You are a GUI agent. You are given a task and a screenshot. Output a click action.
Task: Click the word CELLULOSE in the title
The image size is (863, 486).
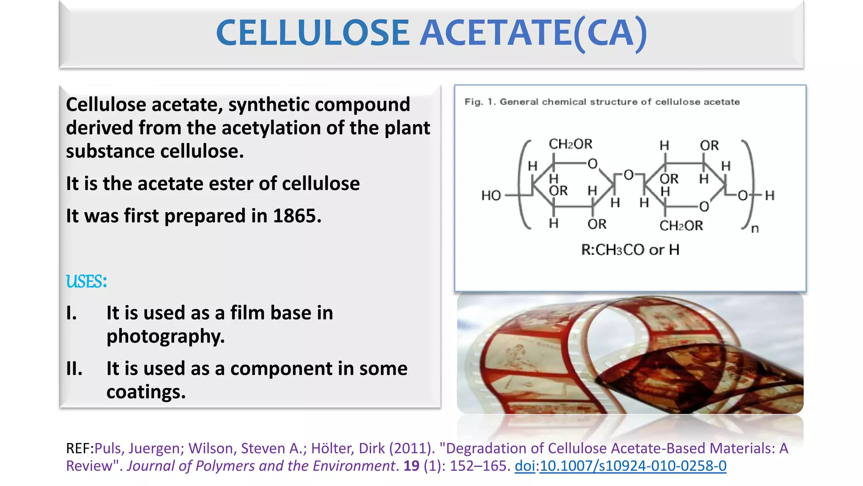pyautogui.click(x=313, y=33)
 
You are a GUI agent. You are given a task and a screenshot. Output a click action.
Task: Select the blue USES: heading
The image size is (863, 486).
pyautogui.click(x=86, y=281)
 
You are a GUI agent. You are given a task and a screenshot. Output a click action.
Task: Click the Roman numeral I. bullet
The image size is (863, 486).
pyautogui.click(x=72, y=313)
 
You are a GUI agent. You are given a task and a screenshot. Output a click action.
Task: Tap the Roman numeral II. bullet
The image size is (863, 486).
pyautogui.click(x=74, y=369)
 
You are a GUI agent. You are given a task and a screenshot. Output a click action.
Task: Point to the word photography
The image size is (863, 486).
pyautogui.click(x=165, y=336)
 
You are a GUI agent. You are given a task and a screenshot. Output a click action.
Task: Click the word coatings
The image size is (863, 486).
pyautogui.click(x=146, y=392)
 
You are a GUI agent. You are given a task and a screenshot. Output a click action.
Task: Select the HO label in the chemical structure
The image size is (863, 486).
pyautogui.click(x=491, y=195)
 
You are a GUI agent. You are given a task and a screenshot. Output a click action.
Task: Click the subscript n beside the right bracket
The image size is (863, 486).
pyautogui.click(x=755, y=229)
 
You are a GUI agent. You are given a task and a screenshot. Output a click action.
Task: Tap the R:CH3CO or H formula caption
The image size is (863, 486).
pyautogui.click(x=630, y=250)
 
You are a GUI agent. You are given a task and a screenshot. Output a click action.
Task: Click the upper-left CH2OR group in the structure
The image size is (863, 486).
pyautogui.click(x=570, y=144)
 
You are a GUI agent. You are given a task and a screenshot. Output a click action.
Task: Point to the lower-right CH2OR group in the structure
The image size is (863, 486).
pyautogui.click(x=681, y=226)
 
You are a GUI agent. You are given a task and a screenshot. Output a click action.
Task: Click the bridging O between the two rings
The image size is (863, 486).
pyautogui.click(x=628, y=175)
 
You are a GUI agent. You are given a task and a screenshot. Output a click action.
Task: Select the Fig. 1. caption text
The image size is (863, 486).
pyautogui.click(x=602, y=102)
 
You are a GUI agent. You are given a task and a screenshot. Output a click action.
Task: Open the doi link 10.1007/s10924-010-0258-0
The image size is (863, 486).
pyautogui.click(x=633, y=466)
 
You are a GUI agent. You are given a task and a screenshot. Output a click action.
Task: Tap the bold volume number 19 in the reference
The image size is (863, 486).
pyautogui.click(x=411, y=466)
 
